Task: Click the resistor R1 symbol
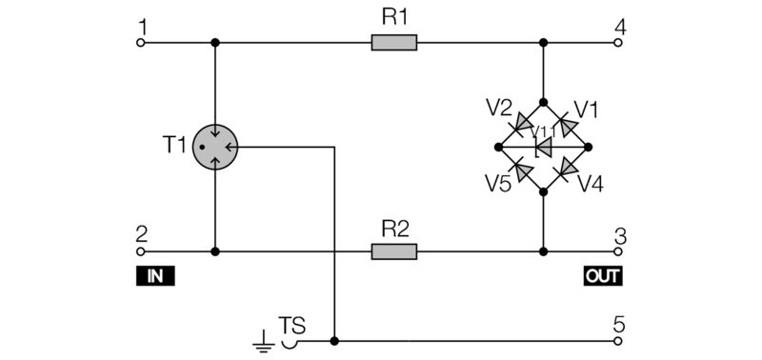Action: (x=393, y=43)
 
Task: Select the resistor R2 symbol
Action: (x=393, y=251)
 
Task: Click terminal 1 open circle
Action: (x=141, y=43)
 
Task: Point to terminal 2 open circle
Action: (x=141, y=251)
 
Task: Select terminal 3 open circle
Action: (x=620, y=251)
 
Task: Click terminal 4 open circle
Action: (x=620, y=43)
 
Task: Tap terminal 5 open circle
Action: (x=620, y=340)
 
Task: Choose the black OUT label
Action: (x=602, y=276)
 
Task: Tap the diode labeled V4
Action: (x=565, y=169)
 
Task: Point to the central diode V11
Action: (x=544, y=147)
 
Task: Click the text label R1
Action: (x=394, y=18)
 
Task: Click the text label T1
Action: (x=174, y=145)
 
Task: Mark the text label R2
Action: (x=394, y=228)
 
